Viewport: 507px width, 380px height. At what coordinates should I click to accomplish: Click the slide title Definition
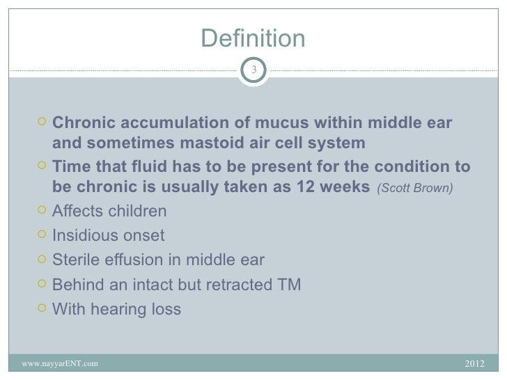[x=253, y=39]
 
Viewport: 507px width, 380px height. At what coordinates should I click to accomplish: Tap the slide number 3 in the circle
[x=253, y=70]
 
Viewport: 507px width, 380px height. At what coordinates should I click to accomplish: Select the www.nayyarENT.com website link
[x=60, y=363]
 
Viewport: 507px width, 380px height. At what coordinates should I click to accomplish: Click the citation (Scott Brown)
[x=416, y=189]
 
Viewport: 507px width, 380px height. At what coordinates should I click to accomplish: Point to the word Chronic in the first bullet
[x=81, y=123]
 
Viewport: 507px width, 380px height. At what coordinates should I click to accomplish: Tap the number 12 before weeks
[x=311, y=188]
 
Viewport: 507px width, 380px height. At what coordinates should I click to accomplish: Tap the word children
[x=137, y=211]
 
